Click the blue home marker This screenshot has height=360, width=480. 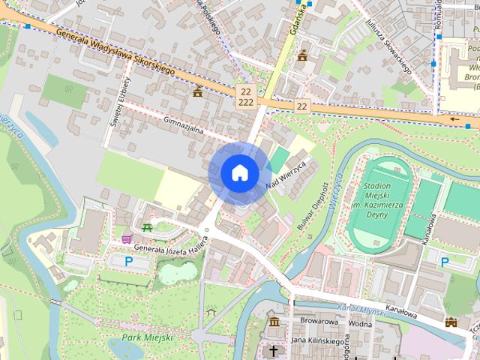[x=239, y=173]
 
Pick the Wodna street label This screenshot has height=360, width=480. [x=361, y=324]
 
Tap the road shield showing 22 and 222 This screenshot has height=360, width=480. [x=244, y=97]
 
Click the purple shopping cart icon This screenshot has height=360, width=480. [x=126, y=239]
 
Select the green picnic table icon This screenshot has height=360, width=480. [x=147, y=226]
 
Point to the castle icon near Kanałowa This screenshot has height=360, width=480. [x=451, y=322]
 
